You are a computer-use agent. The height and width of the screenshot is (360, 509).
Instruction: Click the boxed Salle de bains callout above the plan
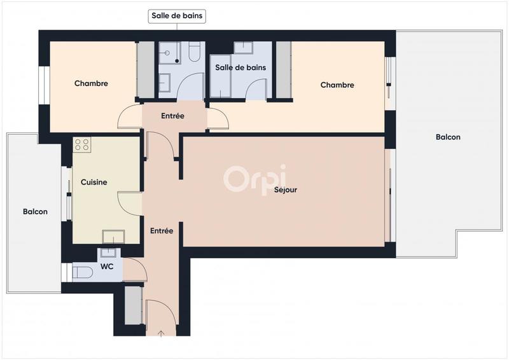click(178, 16)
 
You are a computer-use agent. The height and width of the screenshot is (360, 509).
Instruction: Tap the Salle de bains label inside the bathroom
click(240, 67)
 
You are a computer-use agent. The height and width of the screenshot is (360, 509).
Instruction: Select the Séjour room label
click(286, 190)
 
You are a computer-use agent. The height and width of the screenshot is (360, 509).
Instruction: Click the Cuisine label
click(94, 183)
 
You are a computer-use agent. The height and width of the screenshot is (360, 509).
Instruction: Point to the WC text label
click(107, 267)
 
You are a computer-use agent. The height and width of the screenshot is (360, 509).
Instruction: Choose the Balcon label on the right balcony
click(448, 137)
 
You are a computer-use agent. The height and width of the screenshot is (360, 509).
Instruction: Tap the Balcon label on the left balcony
click(35, 212)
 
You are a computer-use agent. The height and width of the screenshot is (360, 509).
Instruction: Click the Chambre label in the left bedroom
click(91, 84)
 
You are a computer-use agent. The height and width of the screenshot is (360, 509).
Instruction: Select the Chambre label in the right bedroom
click(337, 85)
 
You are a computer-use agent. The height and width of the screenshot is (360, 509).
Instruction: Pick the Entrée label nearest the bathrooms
click(172, 116)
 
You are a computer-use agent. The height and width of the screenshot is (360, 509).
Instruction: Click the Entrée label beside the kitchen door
click(162, 232)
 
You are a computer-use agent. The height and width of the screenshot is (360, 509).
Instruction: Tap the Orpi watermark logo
click(254, 178)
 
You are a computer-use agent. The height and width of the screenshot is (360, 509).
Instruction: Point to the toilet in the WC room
click(82, 273)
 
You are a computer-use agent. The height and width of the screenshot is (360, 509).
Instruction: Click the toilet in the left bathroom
click(195, 52)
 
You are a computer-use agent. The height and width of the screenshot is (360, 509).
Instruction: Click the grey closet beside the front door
click(132, 306)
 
